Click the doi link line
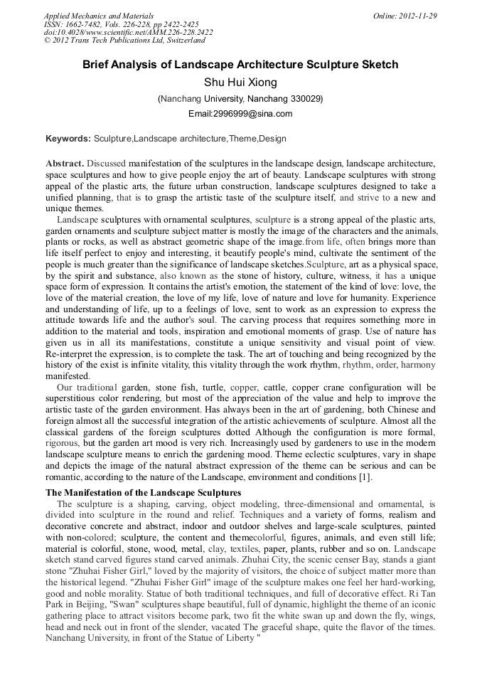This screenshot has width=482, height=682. (x=128, y=33)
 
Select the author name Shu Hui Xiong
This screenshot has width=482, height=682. (x=240, y=82)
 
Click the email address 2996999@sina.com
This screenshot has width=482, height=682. (x=240, y=114)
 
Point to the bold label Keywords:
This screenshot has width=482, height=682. (x=68, y=138)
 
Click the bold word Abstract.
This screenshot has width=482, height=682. (x=65, y=163)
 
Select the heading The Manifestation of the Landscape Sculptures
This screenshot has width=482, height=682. (x=143, y=492)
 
